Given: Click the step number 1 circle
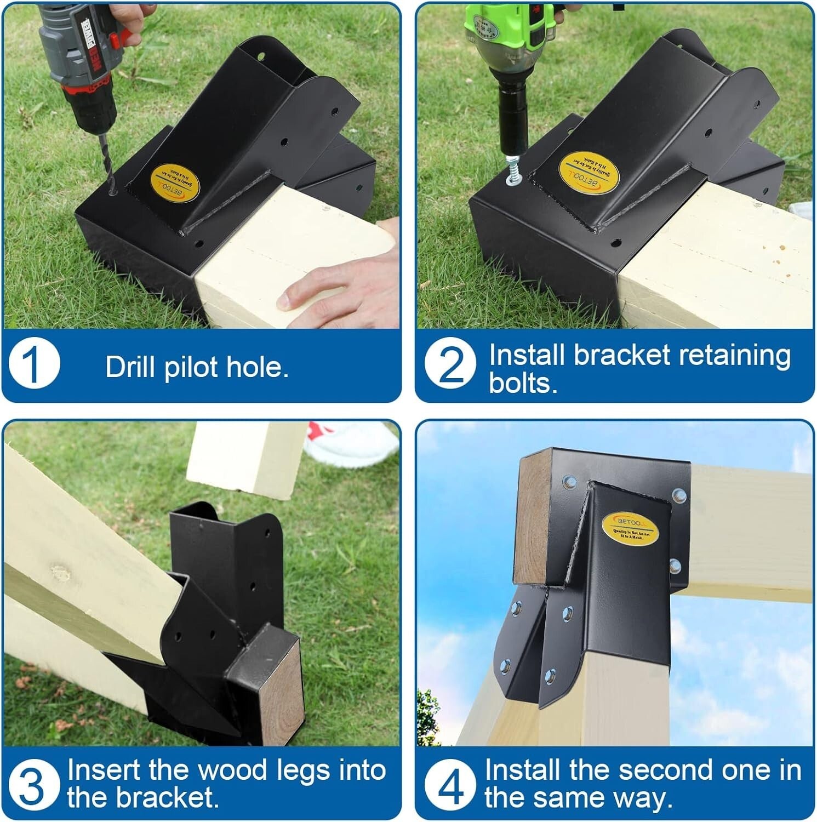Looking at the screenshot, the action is click(x=34, y=364).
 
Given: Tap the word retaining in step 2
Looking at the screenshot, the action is click(x=734, y=355).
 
